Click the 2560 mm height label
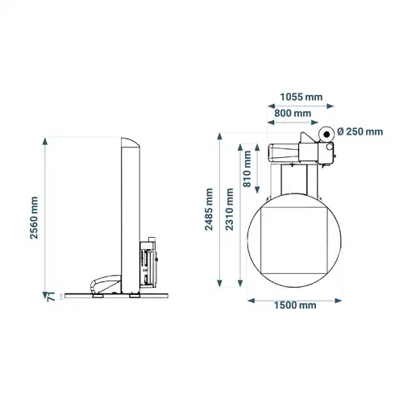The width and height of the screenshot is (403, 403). [x=34, y=218]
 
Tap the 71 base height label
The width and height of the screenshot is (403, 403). [x=51, y=297]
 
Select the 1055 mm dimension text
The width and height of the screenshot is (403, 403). [x=301, y=97]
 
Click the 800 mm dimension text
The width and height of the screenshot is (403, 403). [x=293, y=113]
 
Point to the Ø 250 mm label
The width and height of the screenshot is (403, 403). [x=360, y=131]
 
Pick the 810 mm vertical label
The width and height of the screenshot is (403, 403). [x=247, y=168]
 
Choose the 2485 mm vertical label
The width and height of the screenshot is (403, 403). [x=209, y=210]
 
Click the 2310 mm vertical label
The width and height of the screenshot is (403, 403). [x=229, y=210]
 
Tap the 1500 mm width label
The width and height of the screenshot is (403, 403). [x=295, y=305]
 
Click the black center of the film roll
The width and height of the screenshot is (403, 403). [x=326, y=134]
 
